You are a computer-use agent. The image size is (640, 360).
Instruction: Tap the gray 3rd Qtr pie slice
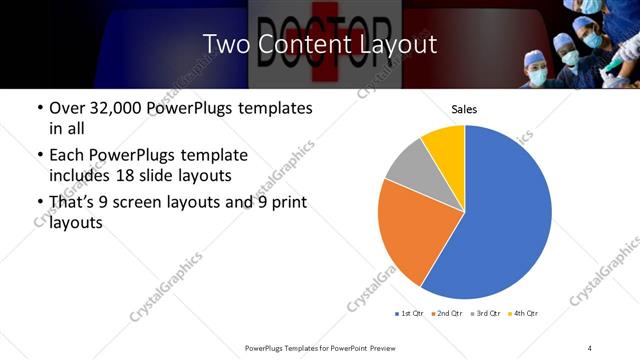(x=408, y=166)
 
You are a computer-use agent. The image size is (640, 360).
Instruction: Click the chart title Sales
(x=464, y=108)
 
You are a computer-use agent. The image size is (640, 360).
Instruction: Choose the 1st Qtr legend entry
(x=411, y=314)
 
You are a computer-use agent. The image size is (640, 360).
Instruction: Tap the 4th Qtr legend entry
(x=525, y=314)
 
